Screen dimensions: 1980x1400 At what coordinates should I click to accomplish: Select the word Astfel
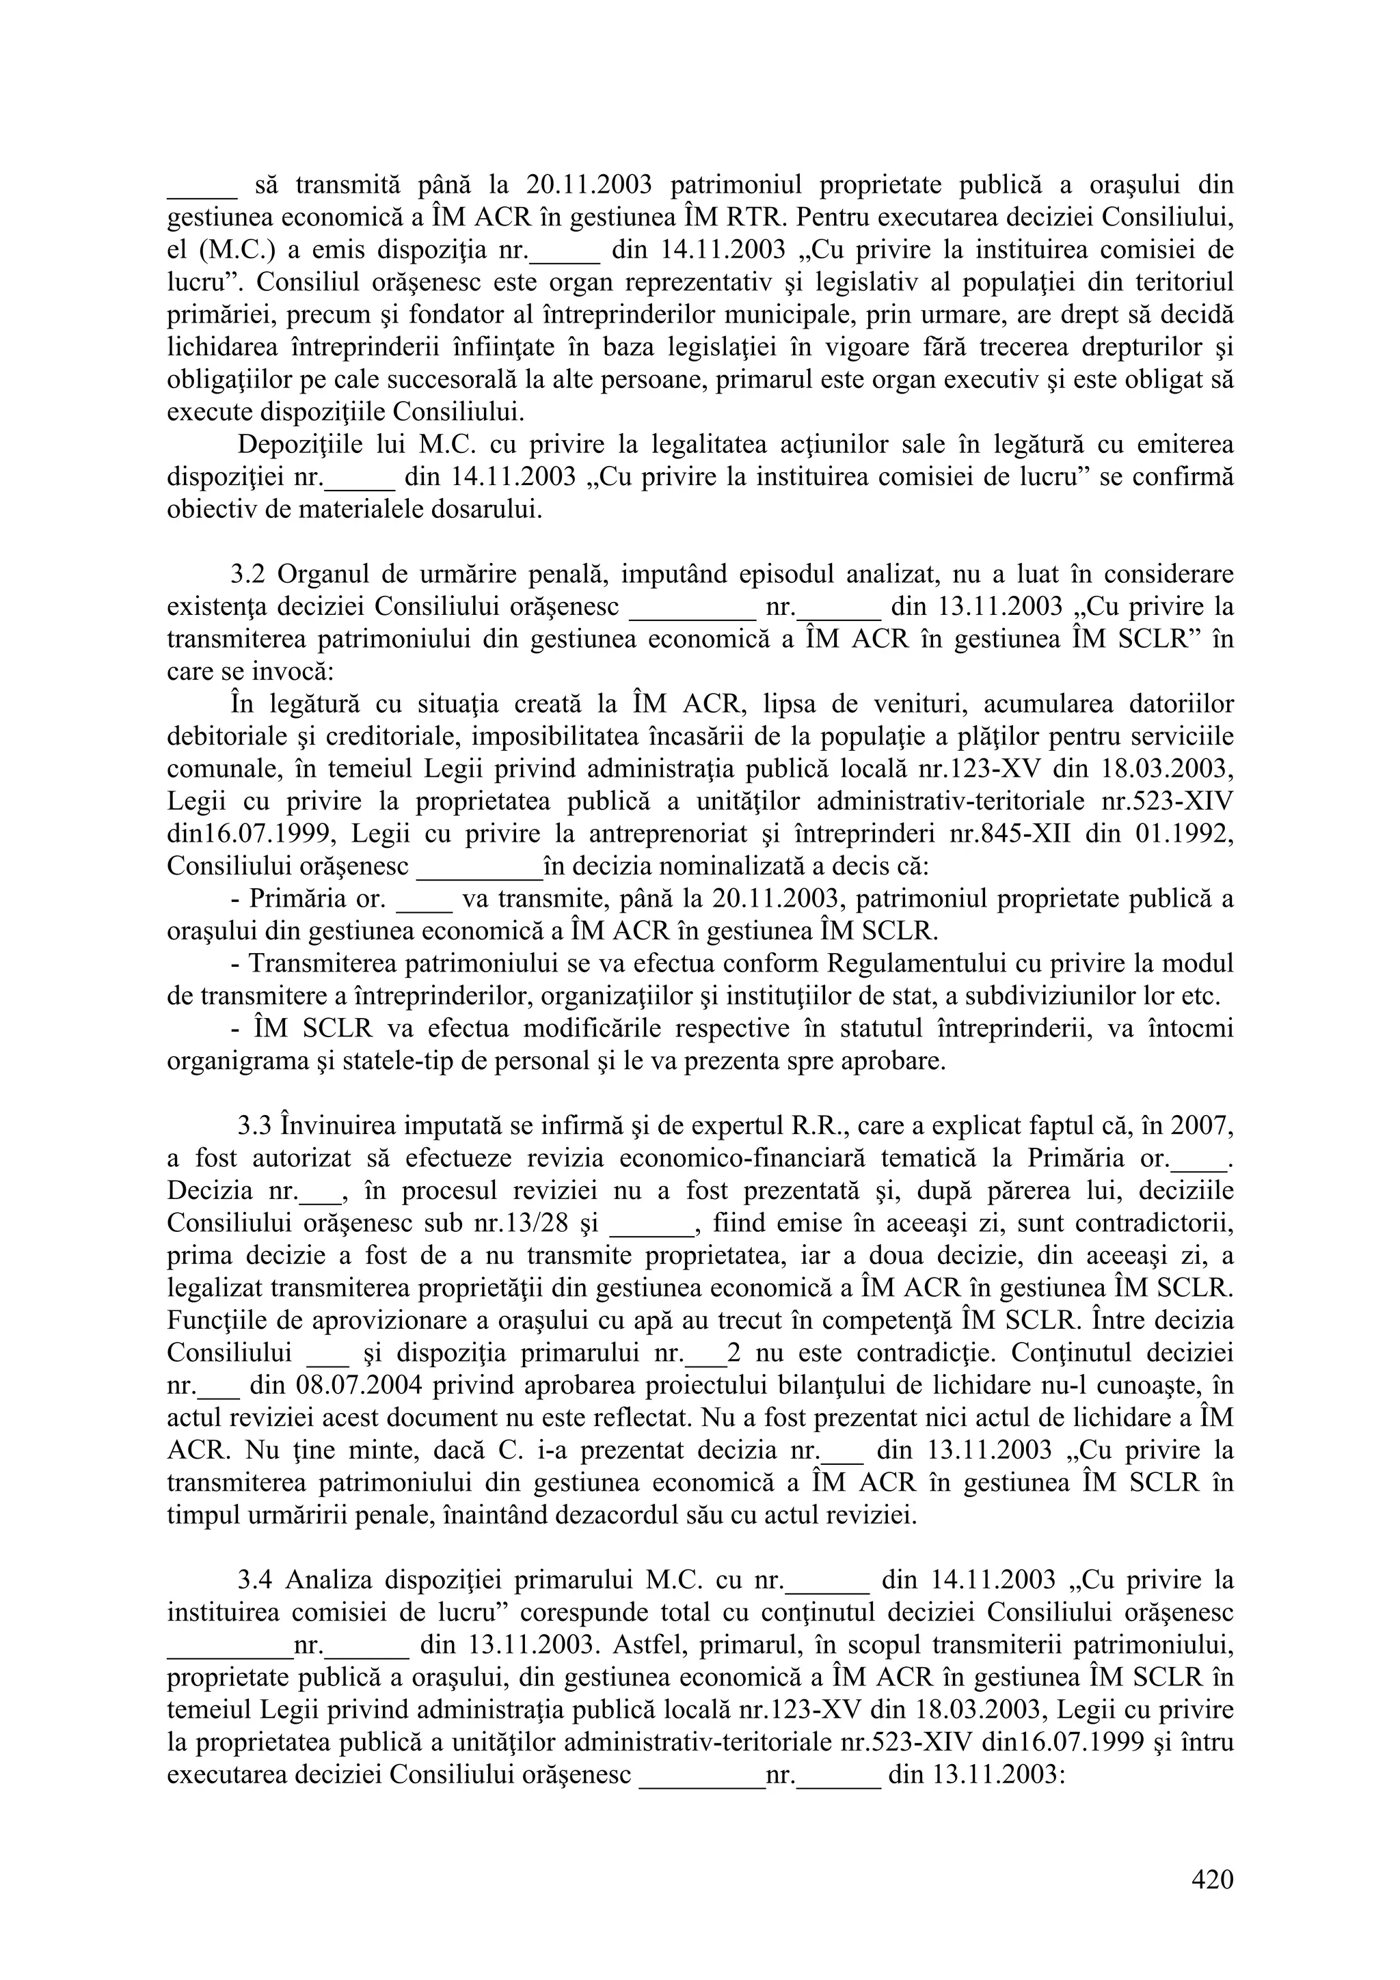647,1645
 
